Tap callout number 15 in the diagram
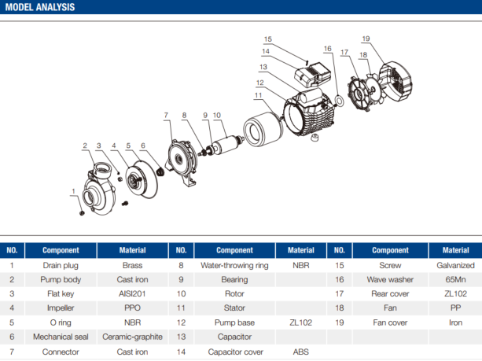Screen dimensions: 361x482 [268, 39]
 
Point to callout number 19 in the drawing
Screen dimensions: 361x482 [366, 39]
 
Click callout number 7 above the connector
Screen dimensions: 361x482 [166, 116]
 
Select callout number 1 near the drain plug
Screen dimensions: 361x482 [74, 191]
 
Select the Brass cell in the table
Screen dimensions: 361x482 [132, 266]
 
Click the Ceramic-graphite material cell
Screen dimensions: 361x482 [132, 337]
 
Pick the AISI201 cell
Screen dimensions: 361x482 [132, 295]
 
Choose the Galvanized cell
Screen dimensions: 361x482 [454, 266]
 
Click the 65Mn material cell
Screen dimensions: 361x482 [454, 280]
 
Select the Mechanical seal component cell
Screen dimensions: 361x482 [61, 337]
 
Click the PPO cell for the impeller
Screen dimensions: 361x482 [132, 309]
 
